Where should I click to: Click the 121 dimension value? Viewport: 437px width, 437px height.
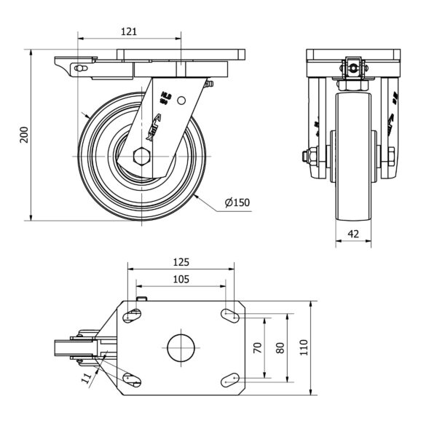point(128,31)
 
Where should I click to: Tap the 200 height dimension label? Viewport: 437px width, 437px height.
point(23,135)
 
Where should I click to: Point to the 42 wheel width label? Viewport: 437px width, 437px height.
point(353,235)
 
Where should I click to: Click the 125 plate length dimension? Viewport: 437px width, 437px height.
point(181,262)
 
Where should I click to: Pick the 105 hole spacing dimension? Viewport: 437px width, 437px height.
point(181,279)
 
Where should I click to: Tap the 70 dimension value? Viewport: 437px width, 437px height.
point(257,347)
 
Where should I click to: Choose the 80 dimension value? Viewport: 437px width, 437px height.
point(281,347)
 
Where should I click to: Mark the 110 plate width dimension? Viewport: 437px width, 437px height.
point(304,347)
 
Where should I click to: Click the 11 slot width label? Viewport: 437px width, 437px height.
point(87,377)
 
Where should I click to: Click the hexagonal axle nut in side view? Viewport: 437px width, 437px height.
point(141,156)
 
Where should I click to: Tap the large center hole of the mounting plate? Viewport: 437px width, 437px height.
point(181,347)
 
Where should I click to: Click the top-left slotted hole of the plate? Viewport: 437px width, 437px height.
point(132,315)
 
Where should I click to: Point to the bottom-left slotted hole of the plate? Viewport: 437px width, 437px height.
point(132,379)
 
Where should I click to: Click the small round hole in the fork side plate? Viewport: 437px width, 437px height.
point(182,101)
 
